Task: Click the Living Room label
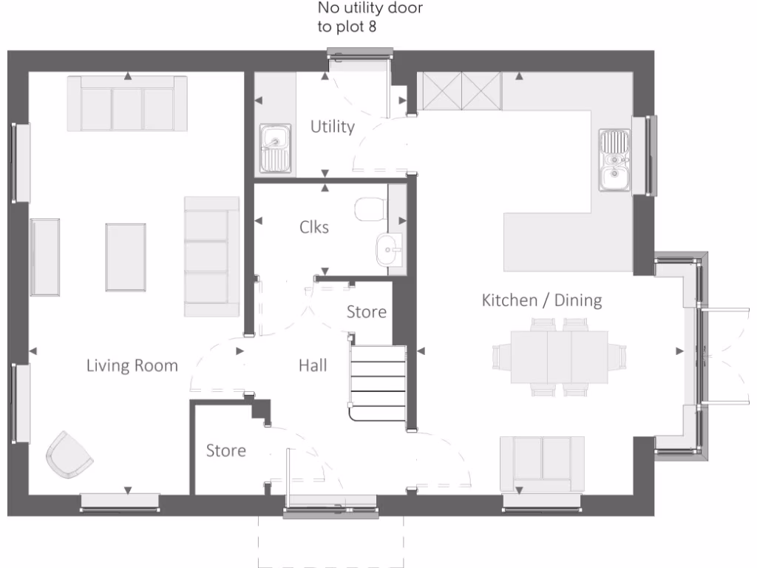(132, 365)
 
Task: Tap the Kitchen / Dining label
(541, 300)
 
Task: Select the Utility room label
(332, 126)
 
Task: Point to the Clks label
(314, 227)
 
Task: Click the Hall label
(313, 365)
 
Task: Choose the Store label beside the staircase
(367, 312)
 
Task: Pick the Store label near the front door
(225, 450)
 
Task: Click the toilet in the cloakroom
(370, 209)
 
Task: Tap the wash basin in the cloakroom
(388, 250)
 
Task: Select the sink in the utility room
(275, 147)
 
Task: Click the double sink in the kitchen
(614, 160)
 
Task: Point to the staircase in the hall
(378, 382)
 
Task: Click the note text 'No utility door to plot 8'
(370, 18)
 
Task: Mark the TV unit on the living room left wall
(45, 257)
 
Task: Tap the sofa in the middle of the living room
(211, 257)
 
